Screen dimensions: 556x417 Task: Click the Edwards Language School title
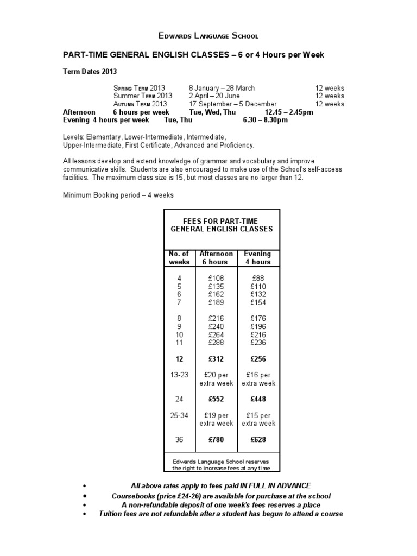pos(208,36)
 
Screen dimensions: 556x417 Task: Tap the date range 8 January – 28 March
pos(222,88)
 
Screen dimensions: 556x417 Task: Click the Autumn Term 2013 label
pos(140,104)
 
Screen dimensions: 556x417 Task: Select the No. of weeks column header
pos(179,258)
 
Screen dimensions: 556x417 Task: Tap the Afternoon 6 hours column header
pos(216,258)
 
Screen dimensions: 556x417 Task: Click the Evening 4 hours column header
pos(257,258)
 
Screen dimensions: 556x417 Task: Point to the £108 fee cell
pos(216,278)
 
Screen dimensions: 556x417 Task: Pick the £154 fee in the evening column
pos(258,302)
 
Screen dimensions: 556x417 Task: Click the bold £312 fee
pos(216,359)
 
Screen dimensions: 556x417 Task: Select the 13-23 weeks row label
pos(179,375)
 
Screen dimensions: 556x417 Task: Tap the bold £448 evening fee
pos(258,399)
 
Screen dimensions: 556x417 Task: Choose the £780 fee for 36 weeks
pos(216,439)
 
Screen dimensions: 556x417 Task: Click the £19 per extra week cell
pos(216,419)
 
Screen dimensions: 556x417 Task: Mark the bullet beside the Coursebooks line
pos(84,497)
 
